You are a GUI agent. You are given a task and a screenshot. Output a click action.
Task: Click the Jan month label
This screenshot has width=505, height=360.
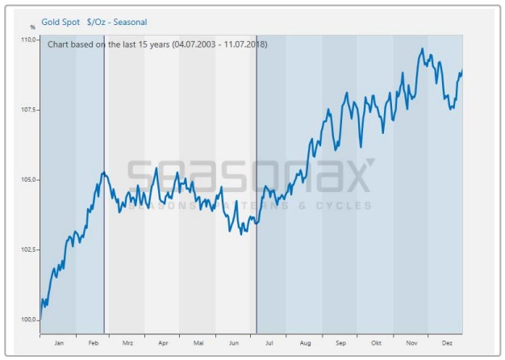point(58,343)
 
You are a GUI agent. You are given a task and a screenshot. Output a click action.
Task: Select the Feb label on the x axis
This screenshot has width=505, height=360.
point(93,343)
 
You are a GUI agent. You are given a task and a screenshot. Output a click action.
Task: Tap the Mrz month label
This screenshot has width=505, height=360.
point(127,343)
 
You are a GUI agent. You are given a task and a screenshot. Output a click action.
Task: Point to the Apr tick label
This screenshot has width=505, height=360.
point(163,343)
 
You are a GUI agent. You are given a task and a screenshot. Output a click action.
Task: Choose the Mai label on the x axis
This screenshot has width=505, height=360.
point(198,343)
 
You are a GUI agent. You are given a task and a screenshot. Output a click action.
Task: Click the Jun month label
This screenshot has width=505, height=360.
point(234,343)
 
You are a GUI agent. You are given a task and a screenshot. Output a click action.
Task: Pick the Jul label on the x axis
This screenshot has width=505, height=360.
point(269,343)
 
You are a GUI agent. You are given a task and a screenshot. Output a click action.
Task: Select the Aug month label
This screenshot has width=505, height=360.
point(305,343)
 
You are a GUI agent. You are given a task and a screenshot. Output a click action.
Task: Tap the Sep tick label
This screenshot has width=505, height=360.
point(340,343)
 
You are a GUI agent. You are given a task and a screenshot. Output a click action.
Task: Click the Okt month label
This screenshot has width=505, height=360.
point(376,343)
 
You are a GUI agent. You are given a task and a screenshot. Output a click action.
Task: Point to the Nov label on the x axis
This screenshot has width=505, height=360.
point(412,343)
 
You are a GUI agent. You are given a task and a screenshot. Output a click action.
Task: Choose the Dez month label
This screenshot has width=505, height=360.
point(447,343)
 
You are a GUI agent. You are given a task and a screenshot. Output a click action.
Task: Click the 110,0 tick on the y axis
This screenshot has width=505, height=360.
point(28,40)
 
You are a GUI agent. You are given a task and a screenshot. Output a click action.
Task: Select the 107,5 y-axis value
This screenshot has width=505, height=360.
point(28,109)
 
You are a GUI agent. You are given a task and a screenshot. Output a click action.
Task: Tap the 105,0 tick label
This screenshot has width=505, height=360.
point(28,179)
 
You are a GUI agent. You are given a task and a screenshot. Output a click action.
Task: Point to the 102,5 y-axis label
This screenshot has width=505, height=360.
point(28,249)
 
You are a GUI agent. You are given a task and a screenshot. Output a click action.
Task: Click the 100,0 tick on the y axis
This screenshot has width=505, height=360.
point(28,320)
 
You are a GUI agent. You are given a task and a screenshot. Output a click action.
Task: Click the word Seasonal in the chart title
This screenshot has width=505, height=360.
point(130,22)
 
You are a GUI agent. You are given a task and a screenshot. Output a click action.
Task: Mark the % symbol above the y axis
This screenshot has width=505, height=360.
point(33,28)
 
